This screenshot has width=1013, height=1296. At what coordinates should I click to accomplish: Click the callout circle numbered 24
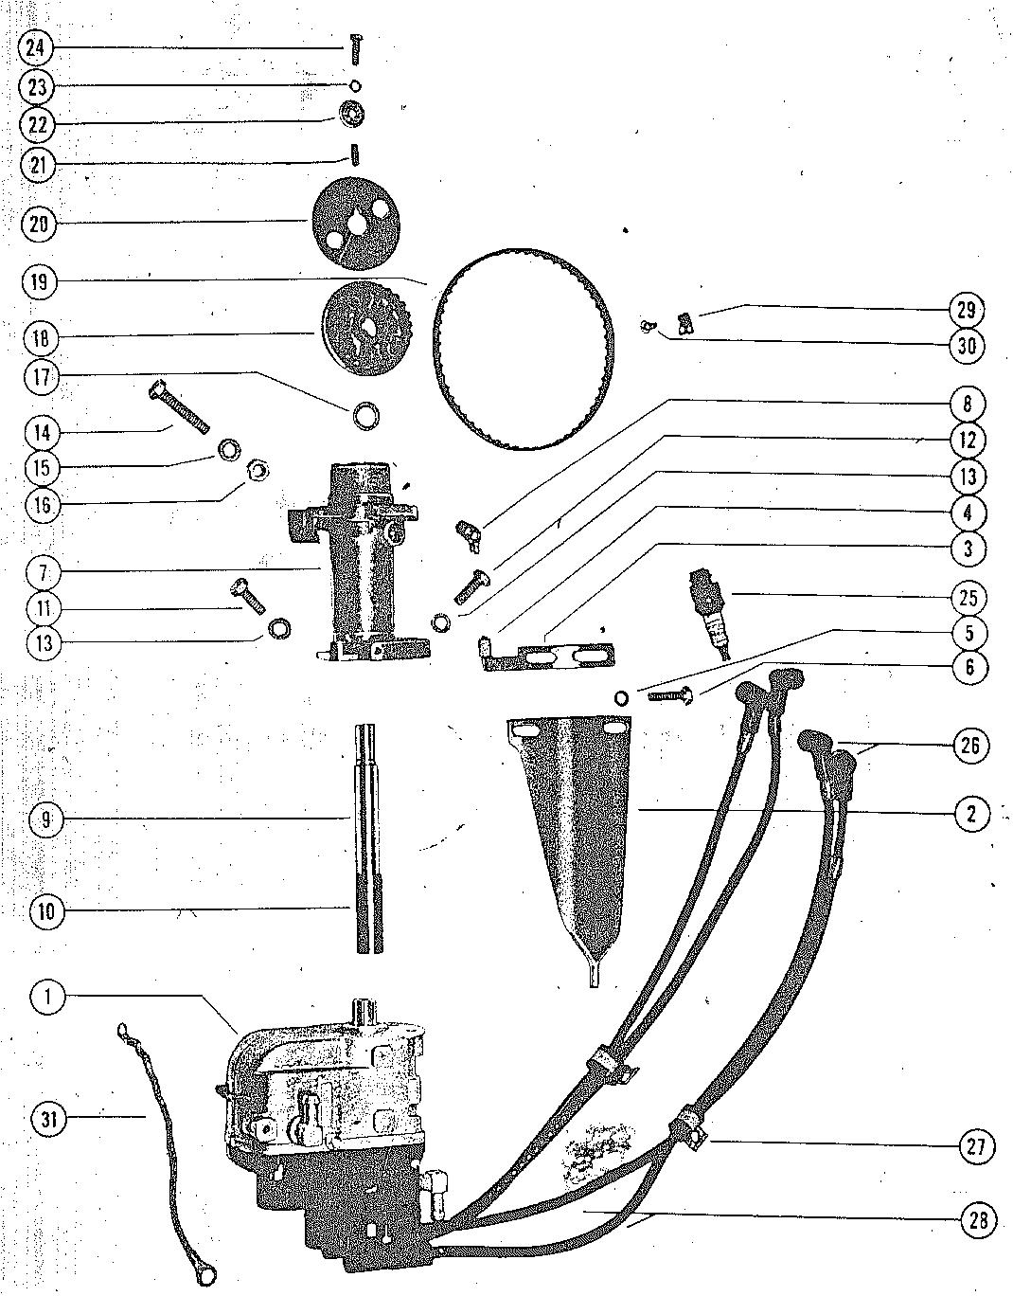34,47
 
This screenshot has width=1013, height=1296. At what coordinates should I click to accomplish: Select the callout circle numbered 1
48,996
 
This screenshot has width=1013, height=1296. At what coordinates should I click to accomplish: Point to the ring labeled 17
365,415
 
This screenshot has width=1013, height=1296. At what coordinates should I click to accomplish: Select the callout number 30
967,346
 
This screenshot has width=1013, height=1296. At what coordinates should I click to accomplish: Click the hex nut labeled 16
256,470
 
